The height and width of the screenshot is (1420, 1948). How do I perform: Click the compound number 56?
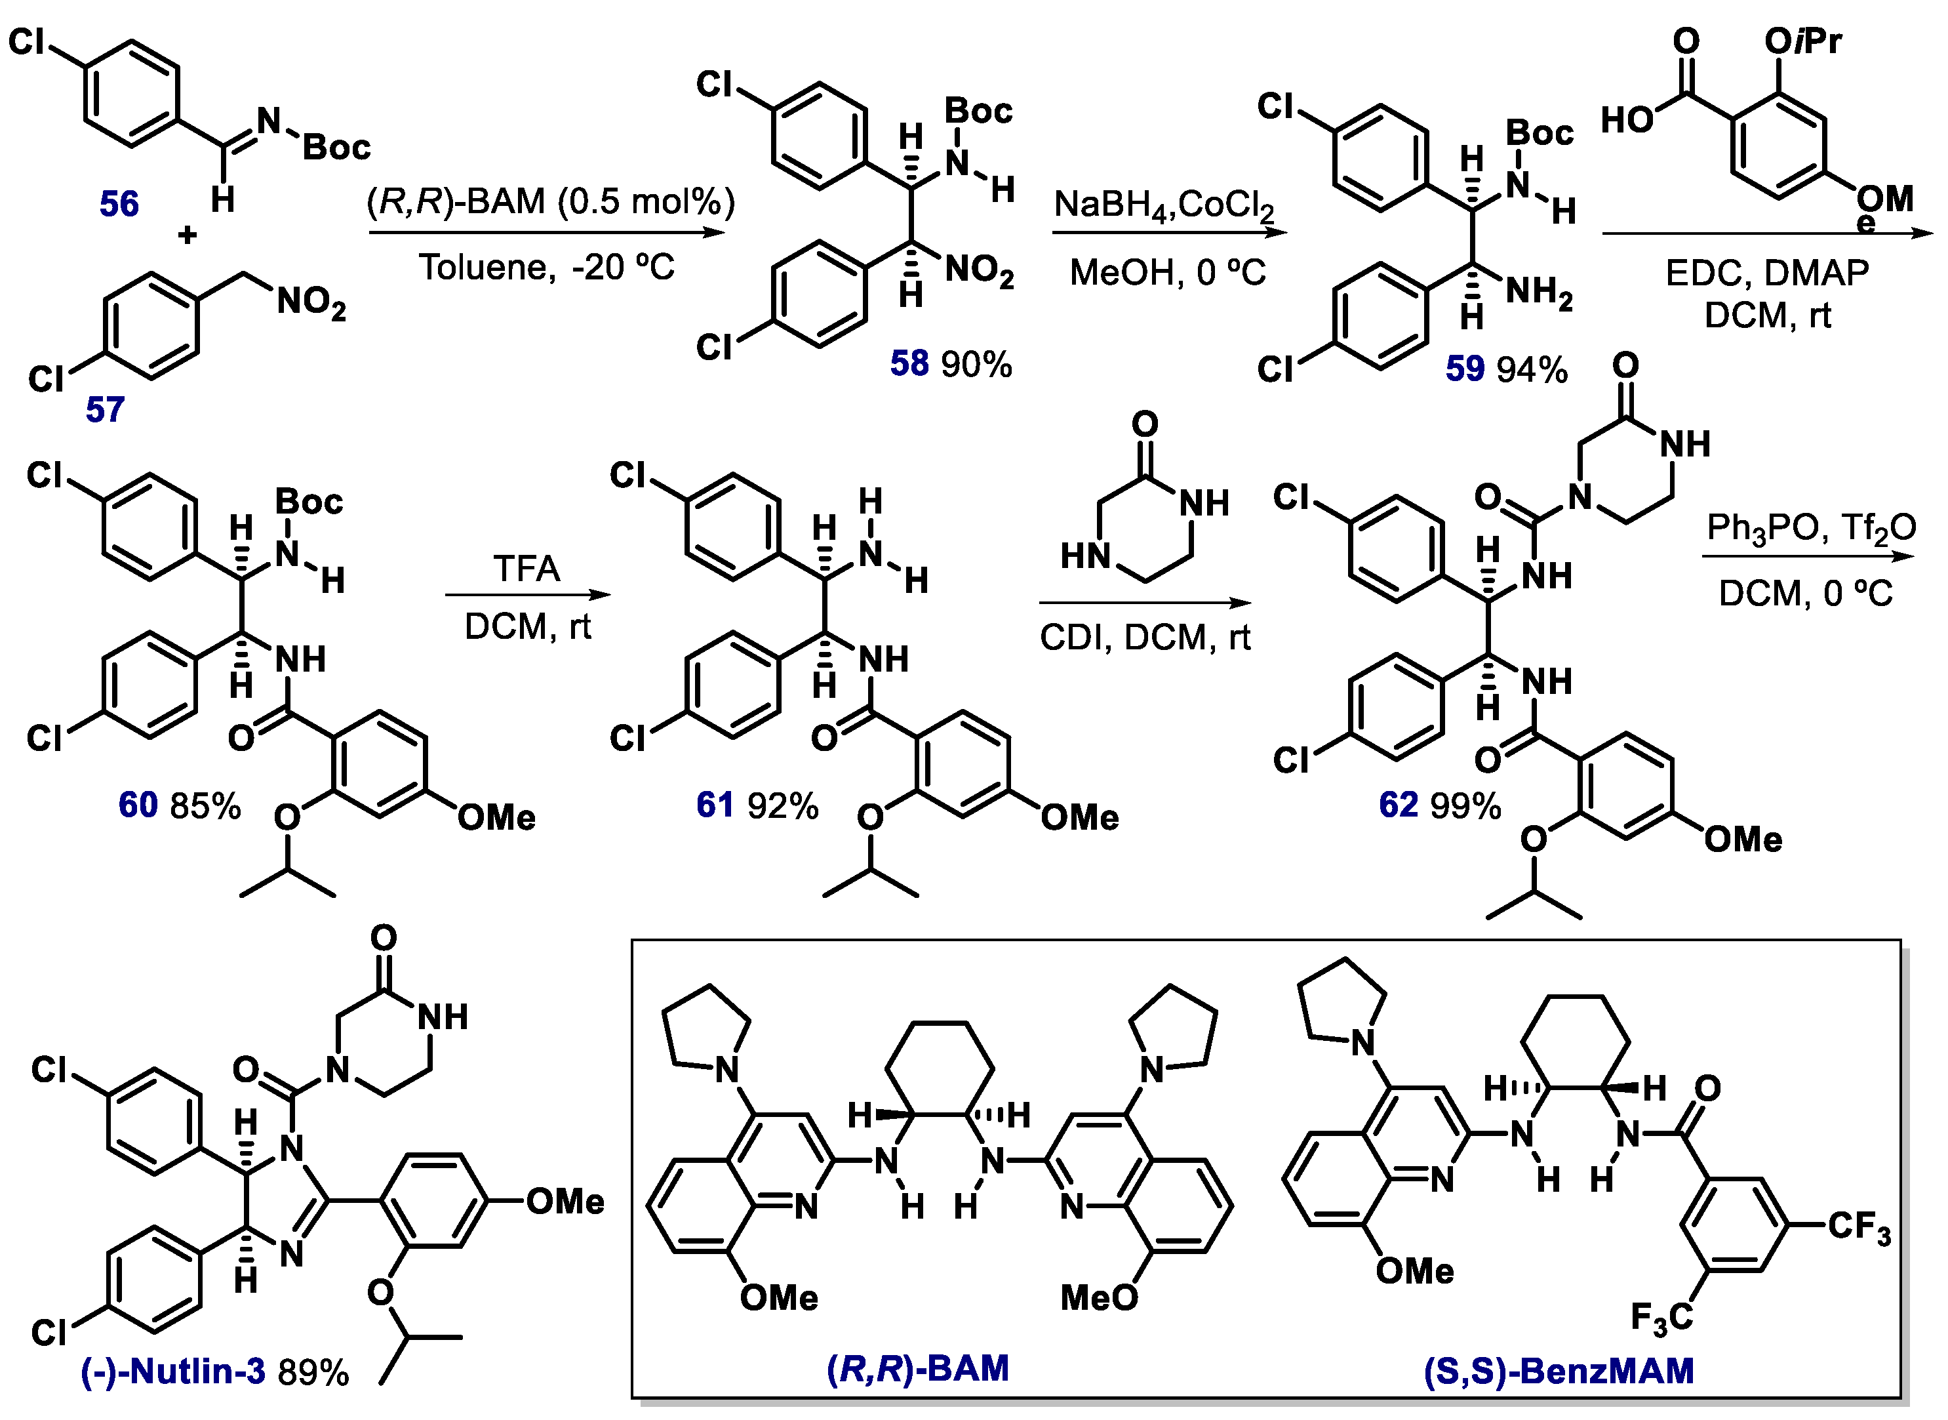119,204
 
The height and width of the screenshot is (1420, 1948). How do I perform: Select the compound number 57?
105,409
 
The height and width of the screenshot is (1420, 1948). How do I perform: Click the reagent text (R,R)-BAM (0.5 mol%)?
551,201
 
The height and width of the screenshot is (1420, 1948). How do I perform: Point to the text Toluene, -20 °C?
547,268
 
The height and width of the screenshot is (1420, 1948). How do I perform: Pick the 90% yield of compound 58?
976,365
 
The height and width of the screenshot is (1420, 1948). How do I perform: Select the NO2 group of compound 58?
979,271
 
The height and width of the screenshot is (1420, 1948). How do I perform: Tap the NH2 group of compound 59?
1539,293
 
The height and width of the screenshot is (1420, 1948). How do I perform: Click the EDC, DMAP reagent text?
1766,274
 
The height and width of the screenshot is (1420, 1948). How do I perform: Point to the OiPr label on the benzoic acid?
1803,41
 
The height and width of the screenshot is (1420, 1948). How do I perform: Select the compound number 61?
715,805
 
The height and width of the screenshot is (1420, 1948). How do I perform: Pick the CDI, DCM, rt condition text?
1145,638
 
